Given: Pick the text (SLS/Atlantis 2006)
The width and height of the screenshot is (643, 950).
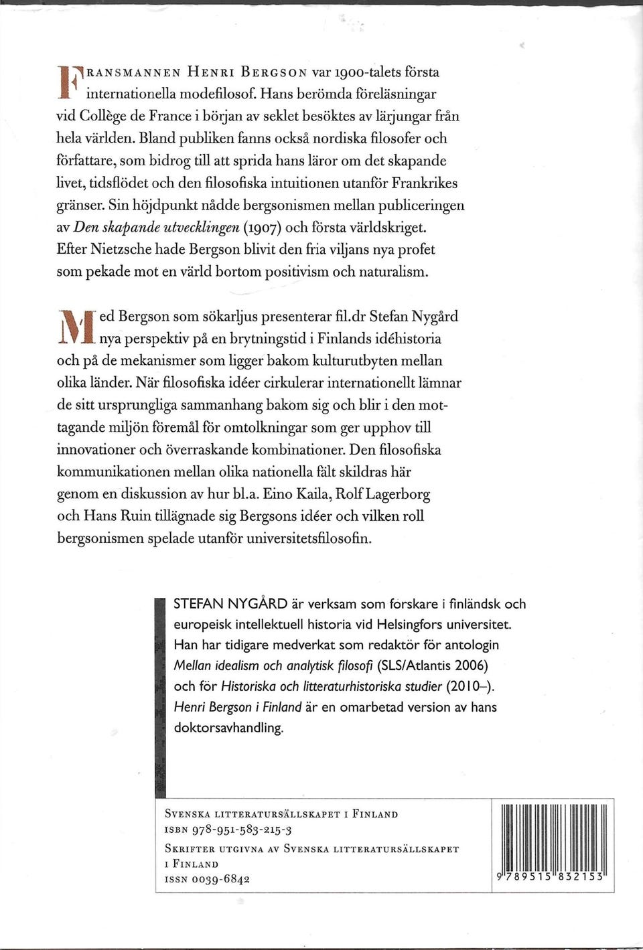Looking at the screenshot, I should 433,665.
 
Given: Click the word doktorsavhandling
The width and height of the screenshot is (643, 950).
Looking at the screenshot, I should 228,728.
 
